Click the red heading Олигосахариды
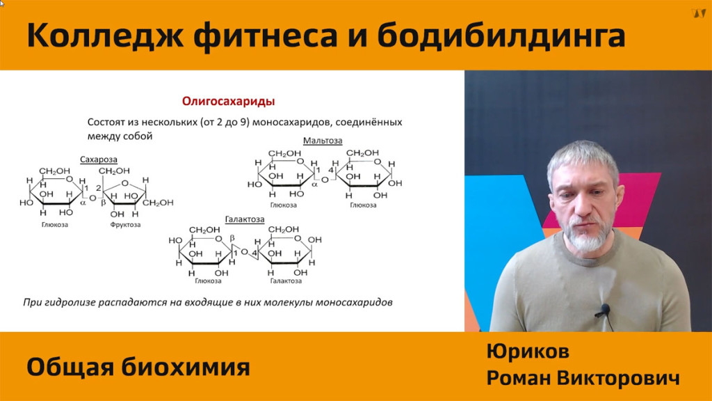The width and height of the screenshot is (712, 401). point(228,102)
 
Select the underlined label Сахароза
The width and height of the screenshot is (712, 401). point(99,159)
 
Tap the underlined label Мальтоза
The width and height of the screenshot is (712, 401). point(323,141)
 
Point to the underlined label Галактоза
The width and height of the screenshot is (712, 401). point(245,219)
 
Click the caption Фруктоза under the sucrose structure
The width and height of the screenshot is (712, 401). point(125,225)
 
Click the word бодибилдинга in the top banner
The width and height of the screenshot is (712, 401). point(501,36)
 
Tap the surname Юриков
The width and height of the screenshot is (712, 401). point(528,352)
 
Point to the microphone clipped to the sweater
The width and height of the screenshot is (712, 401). point(604,311)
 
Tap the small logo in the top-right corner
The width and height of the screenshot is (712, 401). point(698,13)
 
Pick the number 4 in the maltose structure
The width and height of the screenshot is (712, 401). point(331,171)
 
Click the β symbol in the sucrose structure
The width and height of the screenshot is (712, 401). point(104,203)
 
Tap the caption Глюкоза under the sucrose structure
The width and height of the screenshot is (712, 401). point(55,225)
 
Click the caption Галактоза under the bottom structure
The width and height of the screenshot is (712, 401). point(286,281)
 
